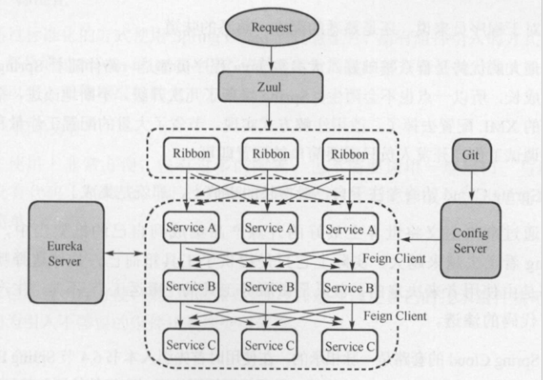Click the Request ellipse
pos(272,27)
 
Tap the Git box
pos(472,154)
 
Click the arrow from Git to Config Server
pos(472,186)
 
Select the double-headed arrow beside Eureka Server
pos(124,252)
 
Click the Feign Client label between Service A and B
pos(395,258)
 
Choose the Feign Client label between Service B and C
pos(395,316)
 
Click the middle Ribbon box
pos(271,154)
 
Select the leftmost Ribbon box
pos(187,154)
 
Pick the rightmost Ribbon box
pos(351,154)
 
